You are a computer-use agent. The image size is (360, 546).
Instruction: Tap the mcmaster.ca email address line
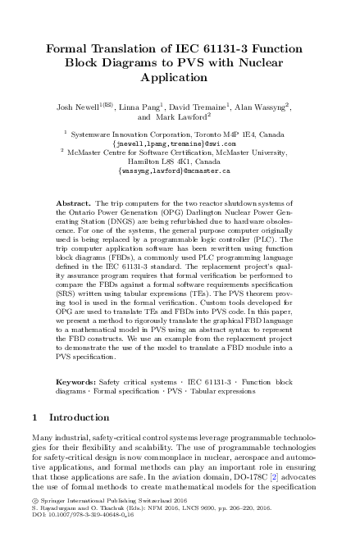coord(180,171)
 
